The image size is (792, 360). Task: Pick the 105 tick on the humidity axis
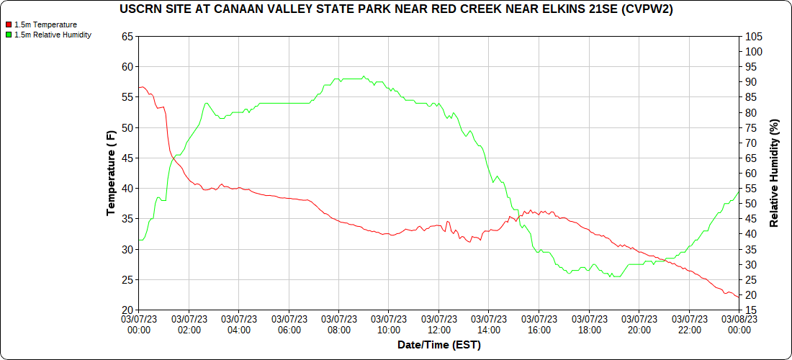pyautogui.click(x=753, y=36)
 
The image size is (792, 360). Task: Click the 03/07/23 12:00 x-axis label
pyautogui.click(x=438, y=324)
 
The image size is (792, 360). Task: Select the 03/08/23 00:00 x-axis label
pyautogui.click(x=739, y=324)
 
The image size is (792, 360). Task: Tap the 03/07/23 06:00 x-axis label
pyautogui.click(x=289, y=324)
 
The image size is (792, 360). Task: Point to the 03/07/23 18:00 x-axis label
pyautogui.click(x=589, y=324)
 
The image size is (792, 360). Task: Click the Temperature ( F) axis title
pyautogui.click(x=111, y=173)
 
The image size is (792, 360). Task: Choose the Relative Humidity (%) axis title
pyautogui.click(x=775, y=173)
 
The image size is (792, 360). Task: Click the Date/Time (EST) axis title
pyautogui.click(x=438, y=345)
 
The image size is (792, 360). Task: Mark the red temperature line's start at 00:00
pyautogui.click(x=139, y=88)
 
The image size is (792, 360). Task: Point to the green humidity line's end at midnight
pyautogui.click(x=739, y=191)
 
